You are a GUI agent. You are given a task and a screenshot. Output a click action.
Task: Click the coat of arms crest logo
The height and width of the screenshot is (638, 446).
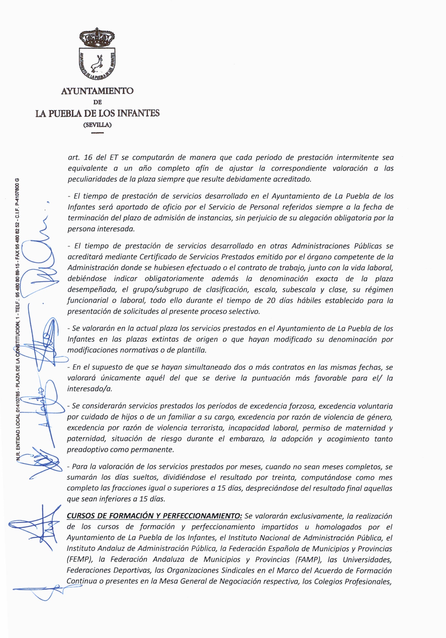point(97,54)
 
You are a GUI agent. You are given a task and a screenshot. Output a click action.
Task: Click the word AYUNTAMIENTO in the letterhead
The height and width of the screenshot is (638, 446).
point(97,91)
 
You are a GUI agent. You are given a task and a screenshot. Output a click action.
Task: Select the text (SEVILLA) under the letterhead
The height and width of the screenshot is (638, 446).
point(98,125)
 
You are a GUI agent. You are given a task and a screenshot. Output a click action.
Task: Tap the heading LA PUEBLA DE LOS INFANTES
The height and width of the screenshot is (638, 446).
point(98,113)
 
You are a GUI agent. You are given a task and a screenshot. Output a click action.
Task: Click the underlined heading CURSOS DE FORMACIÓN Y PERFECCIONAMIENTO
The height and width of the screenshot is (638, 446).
point(154,516)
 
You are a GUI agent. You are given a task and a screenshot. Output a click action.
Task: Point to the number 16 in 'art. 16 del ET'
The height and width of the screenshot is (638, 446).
point(88,157)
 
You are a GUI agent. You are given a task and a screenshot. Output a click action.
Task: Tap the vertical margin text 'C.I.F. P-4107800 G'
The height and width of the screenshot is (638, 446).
point(17,200)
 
